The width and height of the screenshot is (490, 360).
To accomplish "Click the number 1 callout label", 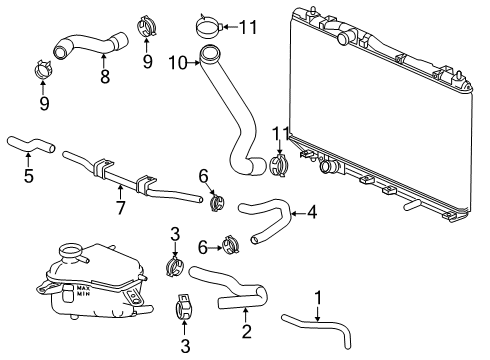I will click(x=320, y=297).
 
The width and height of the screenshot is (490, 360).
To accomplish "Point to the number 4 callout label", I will click(x=313, y=211).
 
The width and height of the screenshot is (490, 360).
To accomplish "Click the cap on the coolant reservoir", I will click(x=73, y=249).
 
